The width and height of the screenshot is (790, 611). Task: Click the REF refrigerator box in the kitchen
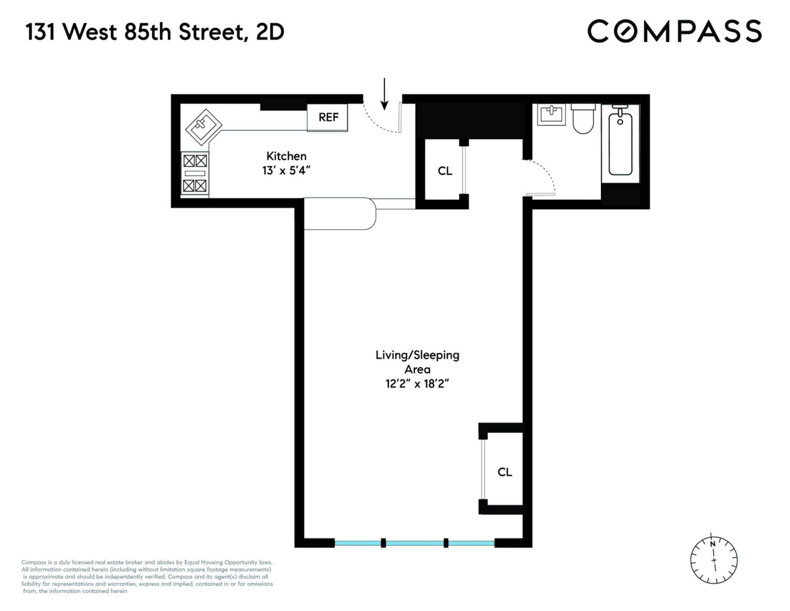click(x=327, y=117)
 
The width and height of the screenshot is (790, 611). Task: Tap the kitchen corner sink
click(x=203, y=127)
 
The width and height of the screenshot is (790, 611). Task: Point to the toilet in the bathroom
click(x=583, y=119)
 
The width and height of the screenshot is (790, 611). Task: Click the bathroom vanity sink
click(x=551, y=114)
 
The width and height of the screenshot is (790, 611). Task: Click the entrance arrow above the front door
click(x=384, y=94)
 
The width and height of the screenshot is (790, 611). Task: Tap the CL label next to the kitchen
click(x=445, y=171)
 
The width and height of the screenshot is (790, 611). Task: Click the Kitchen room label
click(x=286, y=156)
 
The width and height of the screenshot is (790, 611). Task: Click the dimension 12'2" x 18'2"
click(x=417, y=383)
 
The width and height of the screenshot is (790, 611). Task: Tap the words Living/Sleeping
click(x=417, y=355)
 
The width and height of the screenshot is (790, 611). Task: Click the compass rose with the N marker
click(x=713, y=560)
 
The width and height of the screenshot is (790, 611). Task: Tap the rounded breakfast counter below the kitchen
click(x=338, y=214)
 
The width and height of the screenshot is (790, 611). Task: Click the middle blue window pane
click(x=415, y=543)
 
